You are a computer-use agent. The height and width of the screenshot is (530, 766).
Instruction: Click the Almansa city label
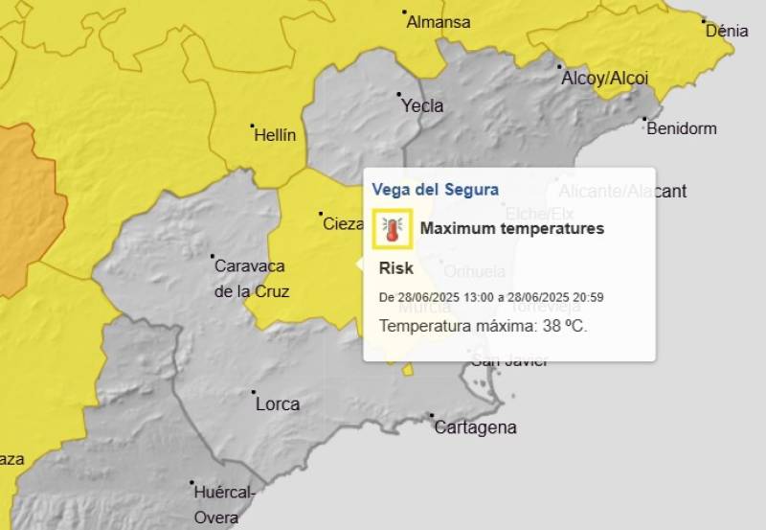pyautogui.click(x=439, y=22)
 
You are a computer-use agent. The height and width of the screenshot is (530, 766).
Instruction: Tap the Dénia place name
pyautogui.click(x=727, y=31)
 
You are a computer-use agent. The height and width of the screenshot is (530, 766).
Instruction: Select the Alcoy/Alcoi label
pyautogui.click(x=604, y=79)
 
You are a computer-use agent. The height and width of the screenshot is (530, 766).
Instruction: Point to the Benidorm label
pyautogui.click(x=681, y=128)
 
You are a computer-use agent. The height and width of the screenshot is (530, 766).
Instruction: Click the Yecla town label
pyautogui.click(x=422, y=106)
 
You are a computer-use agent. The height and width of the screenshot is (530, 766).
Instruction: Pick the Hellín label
pyautogui.click(x=275, y=136)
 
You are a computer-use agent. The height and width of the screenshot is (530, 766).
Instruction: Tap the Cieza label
pyautogui.click(x=343, y=224)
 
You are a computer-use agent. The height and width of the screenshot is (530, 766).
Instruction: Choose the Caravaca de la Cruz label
pyautogui.click(x=251, y=278)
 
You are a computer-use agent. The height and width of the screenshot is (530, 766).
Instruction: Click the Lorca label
pyautogui.click(x=278, y=404)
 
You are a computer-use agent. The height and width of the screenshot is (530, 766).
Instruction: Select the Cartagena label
pyautogui.click(x=475, y=427)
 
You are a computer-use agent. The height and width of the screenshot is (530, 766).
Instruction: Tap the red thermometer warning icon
pyautogui.click(x=392, y=229)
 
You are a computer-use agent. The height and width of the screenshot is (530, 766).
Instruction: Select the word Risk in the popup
pyautogui.click(x=396, y=268)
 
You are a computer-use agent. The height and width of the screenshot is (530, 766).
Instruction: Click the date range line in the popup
pyautogui.click(x=490, y=297)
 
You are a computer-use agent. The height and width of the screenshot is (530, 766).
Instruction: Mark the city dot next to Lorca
pyautogui.click(x=254, y=392)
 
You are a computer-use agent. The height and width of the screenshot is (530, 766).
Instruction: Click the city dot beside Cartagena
pyautogui.click(x=433, y=416)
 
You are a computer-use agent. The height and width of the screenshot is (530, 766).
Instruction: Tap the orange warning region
pyautogui.click(x=21, y=206)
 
